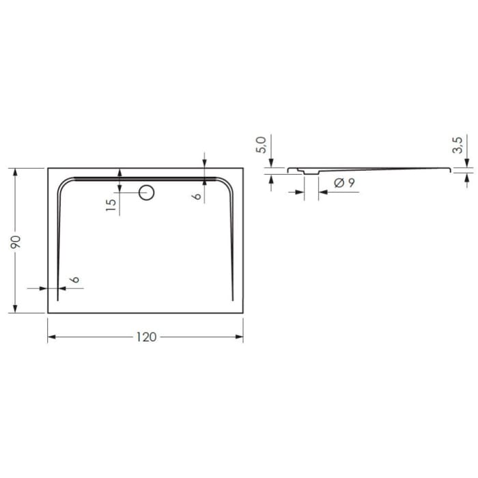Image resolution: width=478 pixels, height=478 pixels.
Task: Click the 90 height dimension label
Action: tap(16, 241)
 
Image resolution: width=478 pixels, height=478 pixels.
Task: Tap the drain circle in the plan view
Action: tap(146, 193)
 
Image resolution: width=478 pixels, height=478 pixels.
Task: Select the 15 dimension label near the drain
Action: tap(112, 206)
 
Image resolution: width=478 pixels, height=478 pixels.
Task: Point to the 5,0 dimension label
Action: tap(260, 144)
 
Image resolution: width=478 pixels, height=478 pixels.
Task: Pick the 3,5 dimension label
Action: tap(457, 145)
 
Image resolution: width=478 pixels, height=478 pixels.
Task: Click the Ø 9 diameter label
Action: tap(343, 182)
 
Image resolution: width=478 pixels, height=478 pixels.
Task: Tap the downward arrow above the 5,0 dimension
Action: tap(272, 163)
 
